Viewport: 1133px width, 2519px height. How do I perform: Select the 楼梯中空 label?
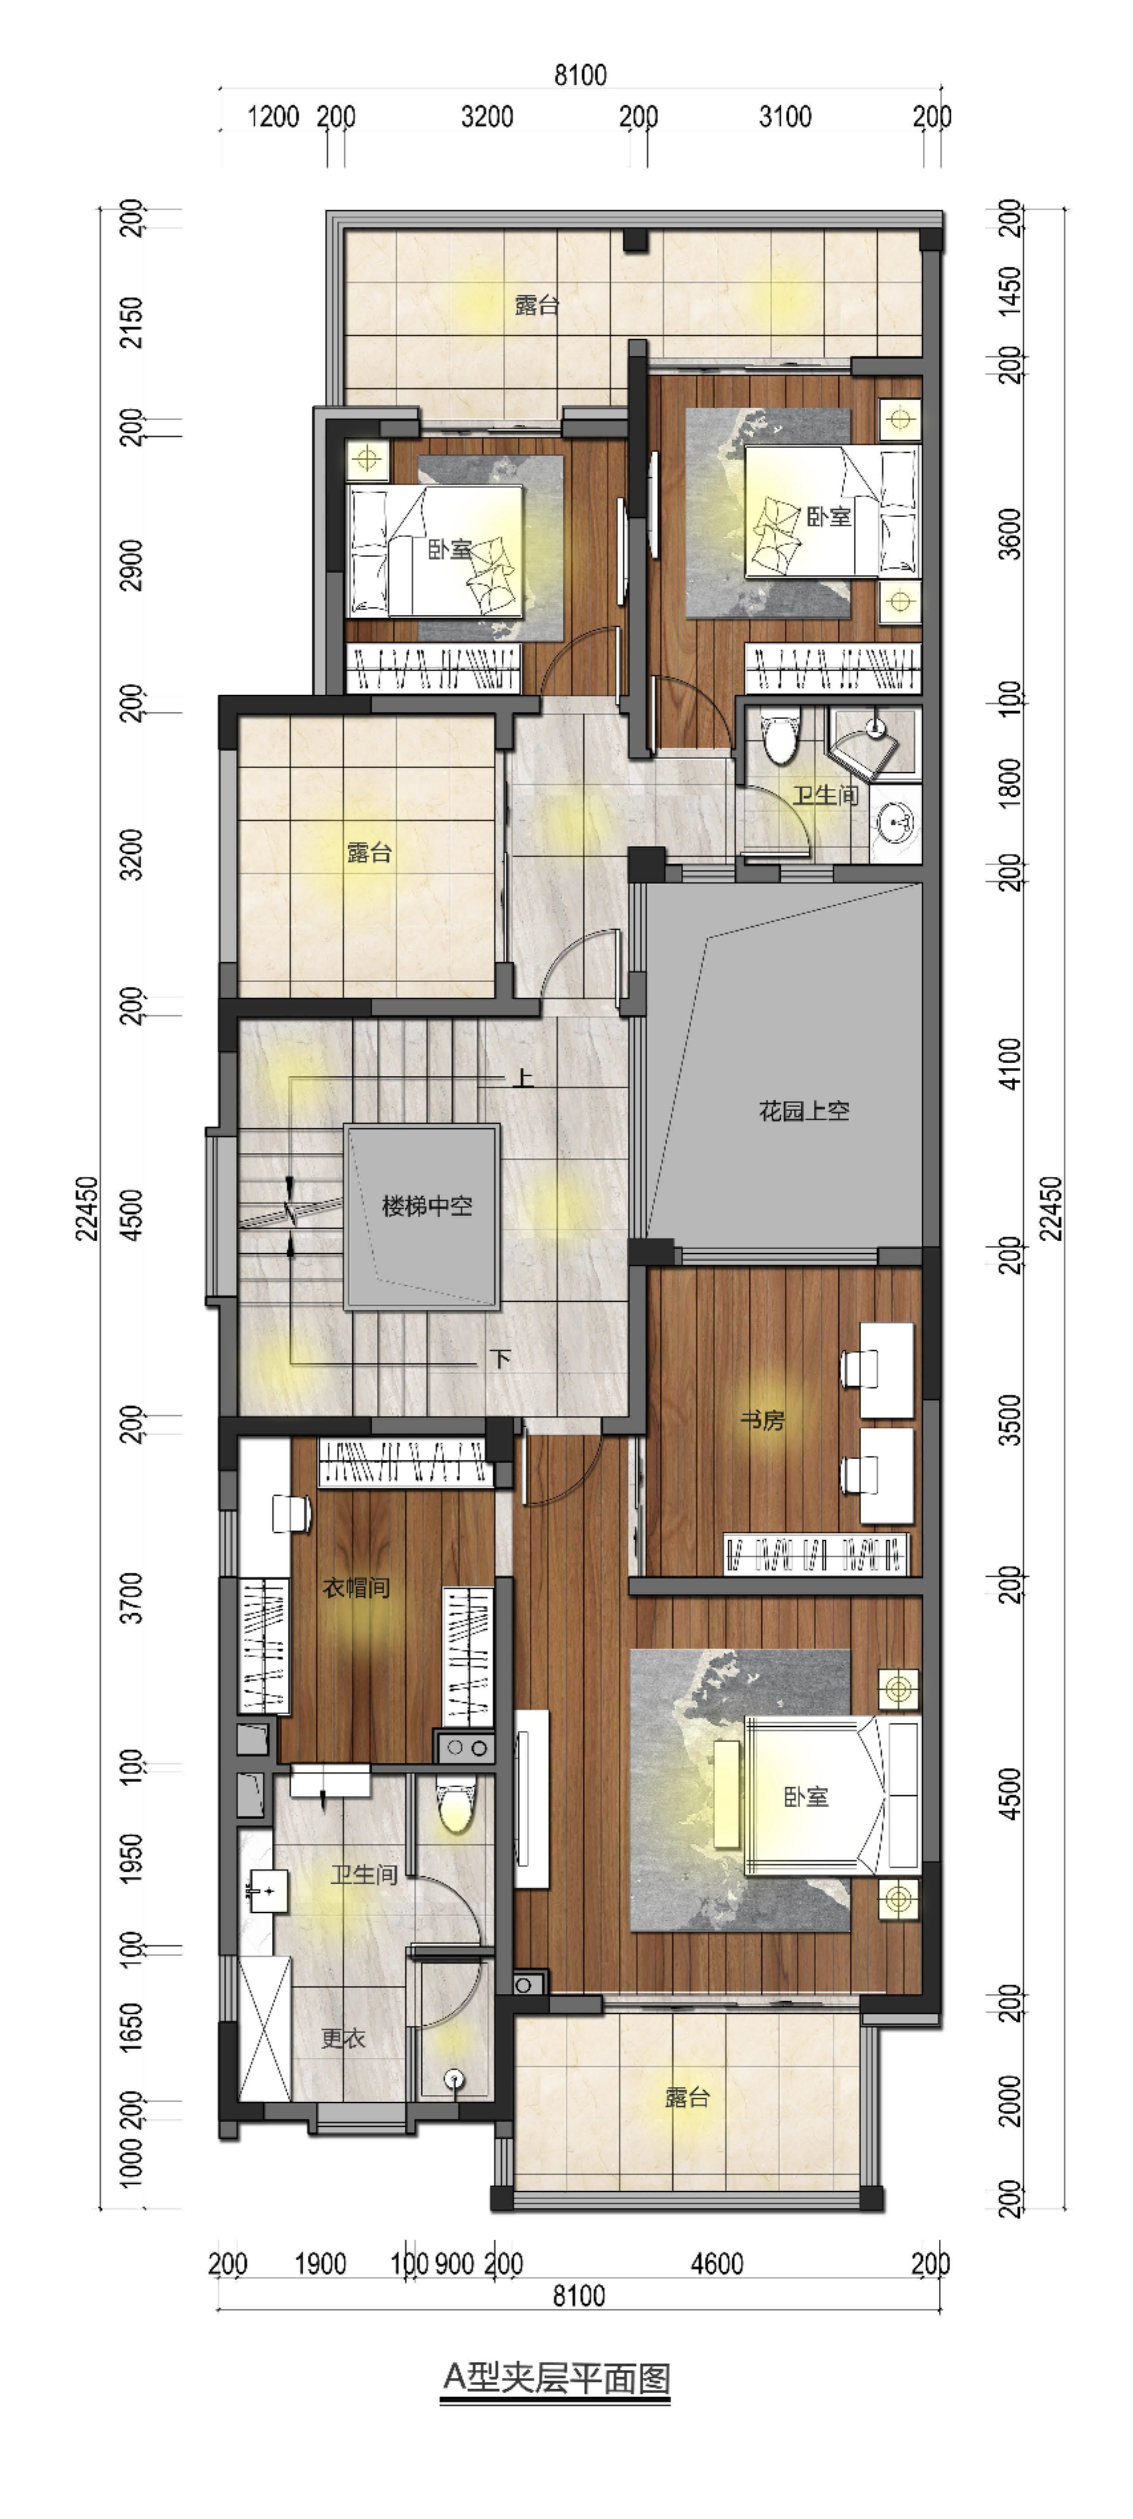click(x=427, y=1206)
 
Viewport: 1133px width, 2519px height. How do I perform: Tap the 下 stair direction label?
click(x=501, y=1358)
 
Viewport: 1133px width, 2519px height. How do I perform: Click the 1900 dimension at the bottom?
click(x=320, y=2263)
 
